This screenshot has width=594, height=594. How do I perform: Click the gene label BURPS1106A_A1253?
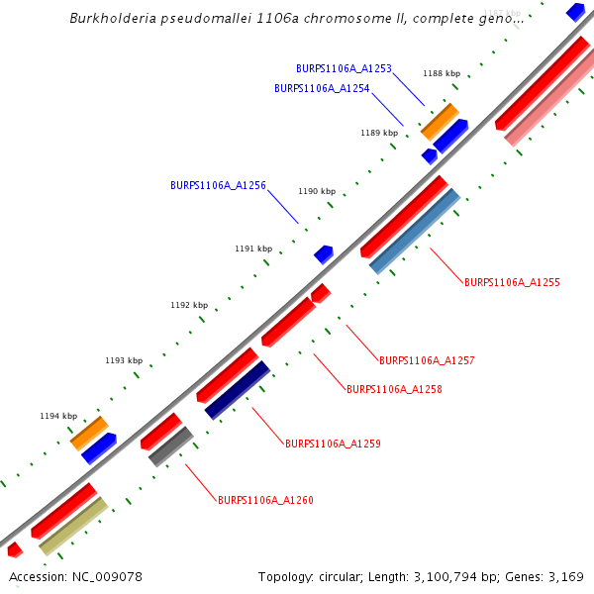(x=344, y=69)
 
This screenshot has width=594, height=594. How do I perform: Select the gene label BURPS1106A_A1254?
(x=322, y=89)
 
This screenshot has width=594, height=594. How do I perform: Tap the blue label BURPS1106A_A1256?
(x=218, y=185)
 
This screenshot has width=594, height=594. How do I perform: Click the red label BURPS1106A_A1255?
(x=512, y=282)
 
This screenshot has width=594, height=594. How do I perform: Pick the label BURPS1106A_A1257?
(x=427, y=360)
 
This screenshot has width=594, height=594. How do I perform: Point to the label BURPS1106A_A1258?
(x=394, y=389)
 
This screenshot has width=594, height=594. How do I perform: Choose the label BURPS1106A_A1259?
(x=333, y=444)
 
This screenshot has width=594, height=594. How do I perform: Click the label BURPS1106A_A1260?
(x=265, y=500)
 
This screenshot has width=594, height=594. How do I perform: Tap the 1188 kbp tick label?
(x=442, y=73)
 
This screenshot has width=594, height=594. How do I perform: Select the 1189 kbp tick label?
(x=379, y=133)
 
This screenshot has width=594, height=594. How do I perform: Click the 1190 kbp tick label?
(x=317, y=191)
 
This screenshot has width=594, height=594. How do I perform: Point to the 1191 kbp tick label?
(x=252, y=248)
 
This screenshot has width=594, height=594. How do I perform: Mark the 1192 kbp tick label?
(x=189, y=305)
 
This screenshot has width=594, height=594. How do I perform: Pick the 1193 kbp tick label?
(x=124, y=361)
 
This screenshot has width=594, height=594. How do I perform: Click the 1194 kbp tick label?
(x=57, y=417)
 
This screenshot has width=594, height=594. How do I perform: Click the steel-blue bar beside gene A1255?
(x=415, y=231)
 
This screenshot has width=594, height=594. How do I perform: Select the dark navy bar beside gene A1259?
(x=238, y=390)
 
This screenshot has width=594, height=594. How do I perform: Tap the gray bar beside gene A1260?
(x=170, y=446)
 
